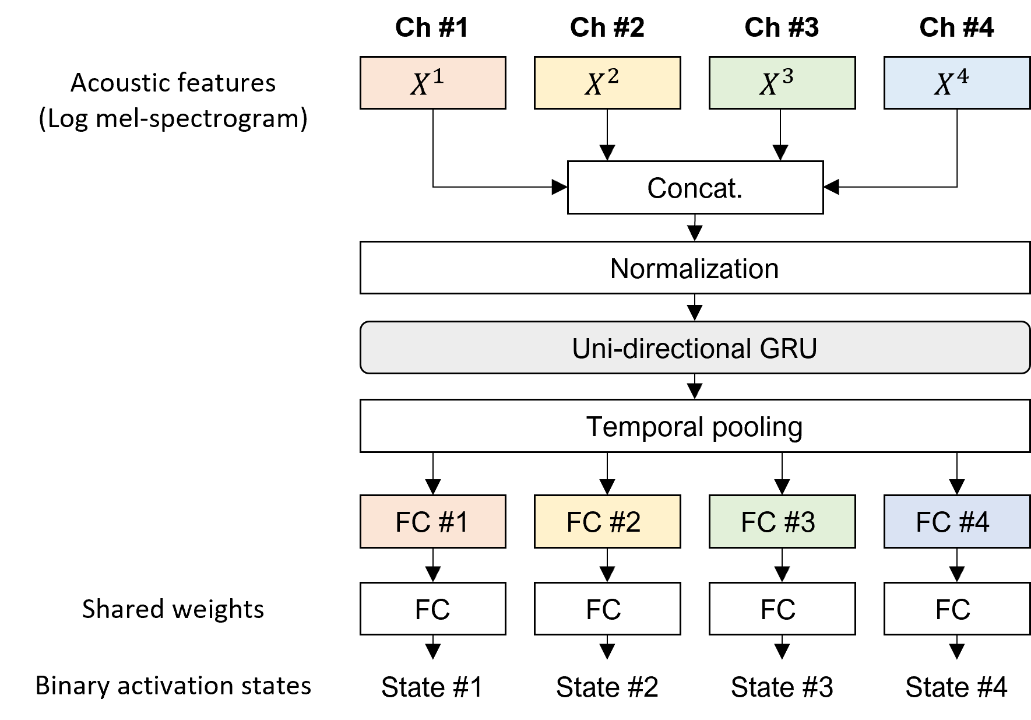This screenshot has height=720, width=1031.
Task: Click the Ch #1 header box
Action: (x=432, y=27)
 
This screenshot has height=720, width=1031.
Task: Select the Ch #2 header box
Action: (x=607, y=27)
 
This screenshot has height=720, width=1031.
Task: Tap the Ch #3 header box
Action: (x=782, y=27)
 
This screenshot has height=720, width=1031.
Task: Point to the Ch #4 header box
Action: (x=956, y=27)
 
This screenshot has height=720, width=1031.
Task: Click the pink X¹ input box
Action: (x=432, y=83)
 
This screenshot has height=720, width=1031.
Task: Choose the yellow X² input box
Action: (x=607, y=83)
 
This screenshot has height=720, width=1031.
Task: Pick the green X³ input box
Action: (x=782, y=83)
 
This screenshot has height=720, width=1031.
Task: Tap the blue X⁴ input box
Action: (x=956, y=83)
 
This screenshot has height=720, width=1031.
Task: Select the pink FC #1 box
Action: (x=432, y=521)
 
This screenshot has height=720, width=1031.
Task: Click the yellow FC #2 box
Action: (x=607, y=521)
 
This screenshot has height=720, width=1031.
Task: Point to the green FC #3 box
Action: (x=782, y=521)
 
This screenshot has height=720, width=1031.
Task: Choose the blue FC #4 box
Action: (x=956, y=521)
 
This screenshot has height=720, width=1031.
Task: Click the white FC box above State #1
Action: (x=432, y=609)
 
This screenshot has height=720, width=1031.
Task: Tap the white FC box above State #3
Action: (x=782, y=609)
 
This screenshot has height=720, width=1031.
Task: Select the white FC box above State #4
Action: (x=956, y=609)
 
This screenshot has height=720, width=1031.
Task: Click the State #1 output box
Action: (x=432, y=686)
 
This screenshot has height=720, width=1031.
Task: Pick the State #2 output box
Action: (x=607, y=686)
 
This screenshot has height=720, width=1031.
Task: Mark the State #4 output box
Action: (x=956, y=686)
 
